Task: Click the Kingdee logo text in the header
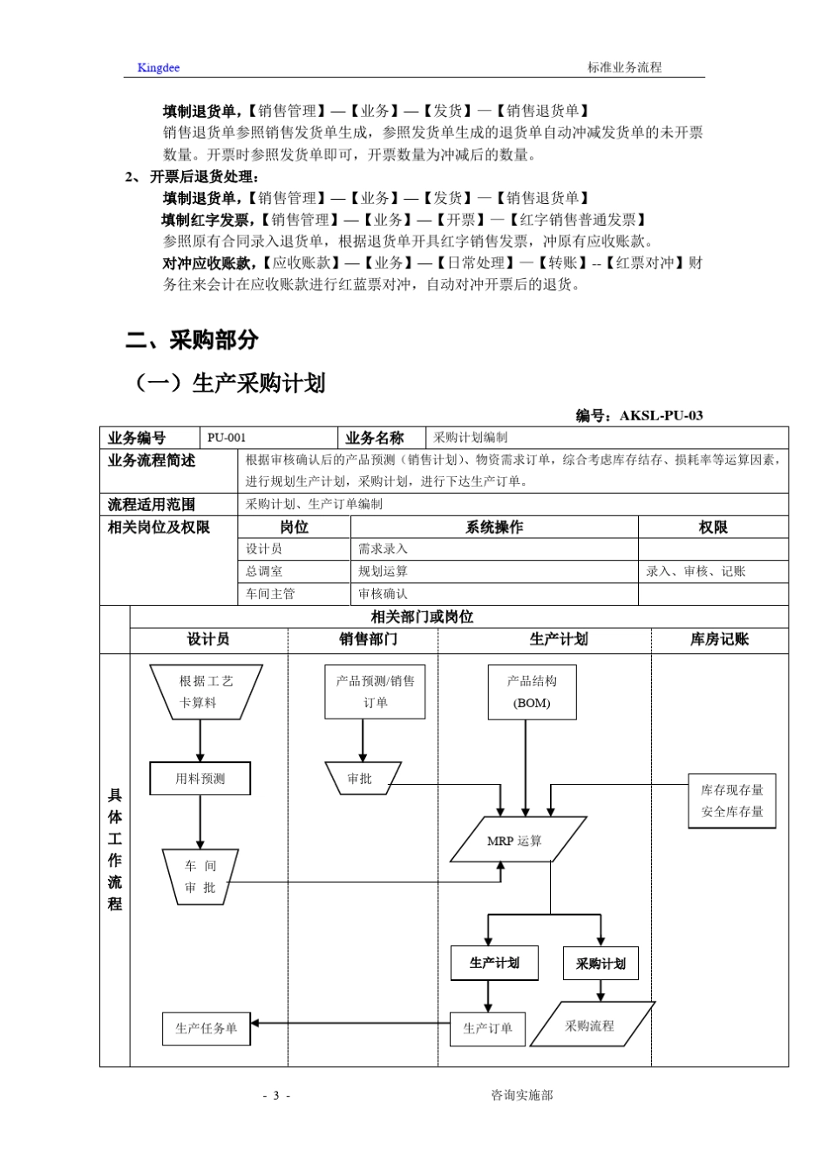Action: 158,67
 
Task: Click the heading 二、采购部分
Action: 192,340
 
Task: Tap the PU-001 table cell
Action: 227,438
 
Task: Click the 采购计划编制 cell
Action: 470,438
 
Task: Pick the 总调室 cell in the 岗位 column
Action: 264,571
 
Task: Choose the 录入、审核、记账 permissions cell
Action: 696,571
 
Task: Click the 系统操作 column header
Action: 494,527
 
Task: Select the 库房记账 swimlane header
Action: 719,639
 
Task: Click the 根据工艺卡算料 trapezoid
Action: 206,692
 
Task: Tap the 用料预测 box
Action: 200,779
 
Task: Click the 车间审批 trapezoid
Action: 200,876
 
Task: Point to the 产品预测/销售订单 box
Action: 375,692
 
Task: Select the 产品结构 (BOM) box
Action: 532,692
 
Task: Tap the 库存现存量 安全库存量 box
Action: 731,801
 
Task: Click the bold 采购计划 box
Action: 601,963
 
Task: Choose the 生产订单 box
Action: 487,1028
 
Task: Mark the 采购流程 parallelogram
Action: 590,1025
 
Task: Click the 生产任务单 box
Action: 206,1028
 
